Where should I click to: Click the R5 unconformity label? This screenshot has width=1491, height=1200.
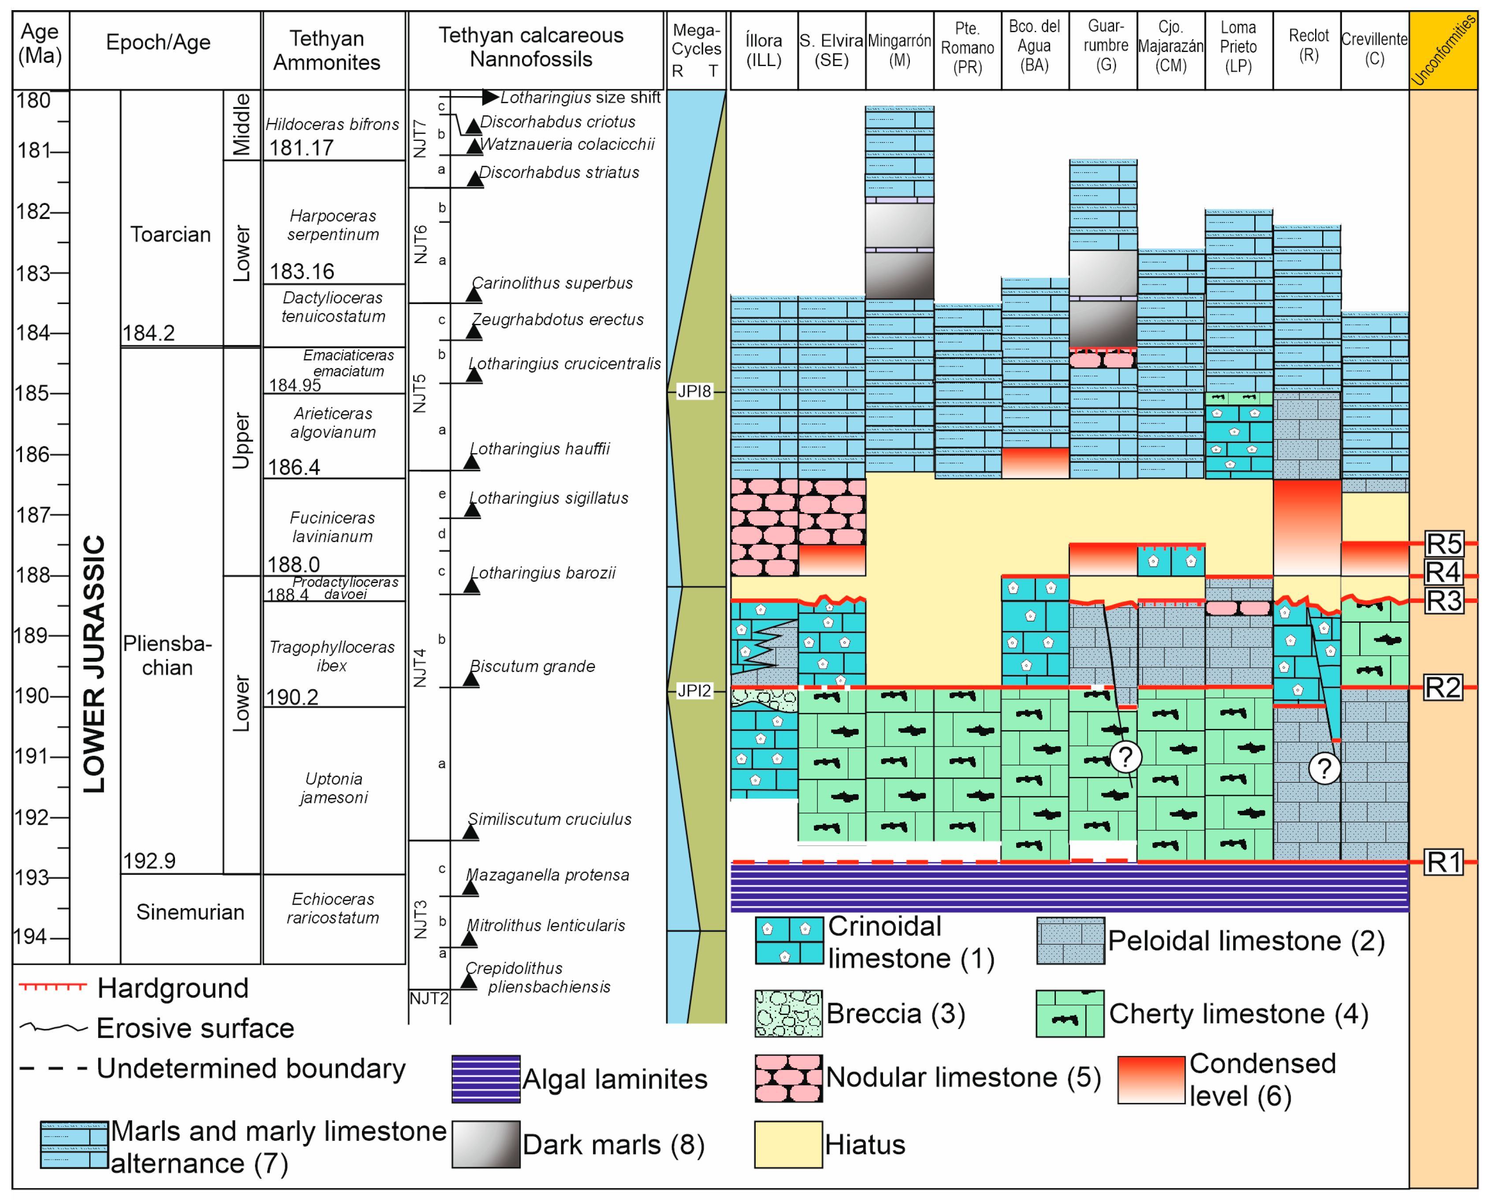(1444, 544)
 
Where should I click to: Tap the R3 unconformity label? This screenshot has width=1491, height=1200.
(1444, 601)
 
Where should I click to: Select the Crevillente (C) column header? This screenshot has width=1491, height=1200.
(1374, 48)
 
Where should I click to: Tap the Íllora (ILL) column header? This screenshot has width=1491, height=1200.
(764, 50)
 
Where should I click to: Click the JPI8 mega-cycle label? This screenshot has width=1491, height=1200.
(694, 391)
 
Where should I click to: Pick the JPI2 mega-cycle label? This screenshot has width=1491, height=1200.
(694, 691)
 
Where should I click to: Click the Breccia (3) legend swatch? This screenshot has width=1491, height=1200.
(788, 1013)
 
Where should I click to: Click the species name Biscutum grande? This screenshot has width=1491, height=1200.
(533, 666)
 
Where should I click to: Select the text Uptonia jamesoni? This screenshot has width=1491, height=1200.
(333, 788)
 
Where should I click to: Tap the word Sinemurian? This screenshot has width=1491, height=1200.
(190, 912)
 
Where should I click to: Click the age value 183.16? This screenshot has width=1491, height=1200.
(302, 271)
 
